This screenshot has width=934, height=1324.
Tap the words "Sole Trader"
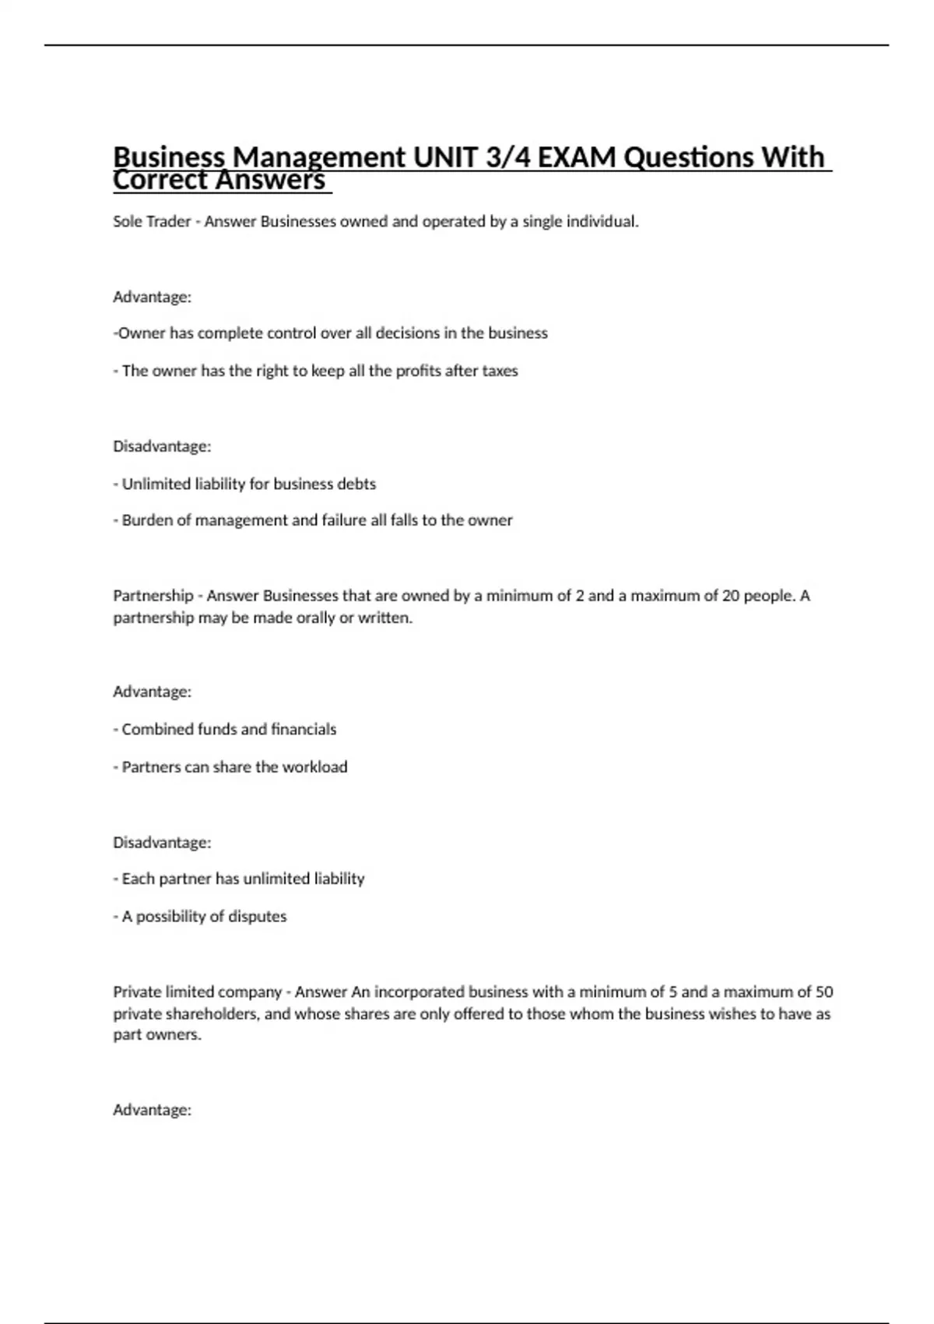(152, 222)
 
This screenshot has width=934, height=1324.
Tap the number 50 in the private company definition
(824, 992)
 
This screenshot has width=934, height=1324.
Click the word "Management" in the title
(320, 157)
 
